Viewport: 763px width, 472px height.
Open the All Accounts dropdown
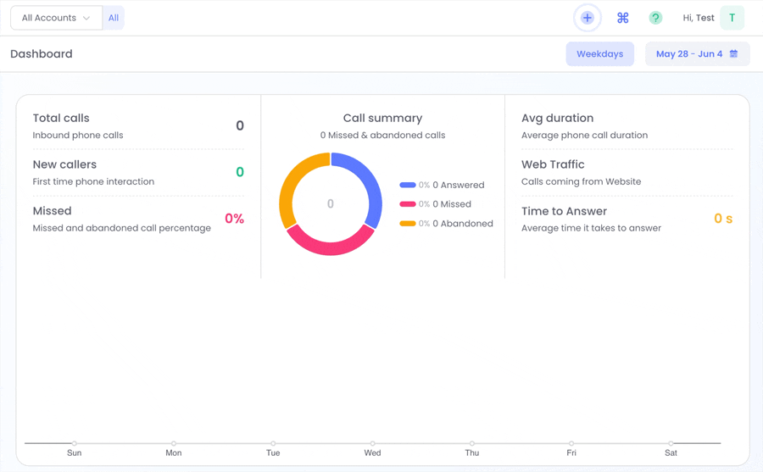pos(57,18)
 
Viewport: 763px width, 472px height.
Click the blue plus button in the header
pos(588,18)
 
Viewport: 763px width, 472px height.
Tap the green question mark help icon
pos(655,18)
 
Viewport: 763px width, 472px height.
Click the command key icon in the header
pos(623,18)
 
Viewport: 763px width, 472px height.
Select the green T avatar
pos(732,18)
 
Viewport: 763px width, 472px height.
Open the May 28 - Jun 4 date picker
pos(697,54)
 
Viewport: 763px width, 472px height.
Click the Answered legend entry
pos(442,185)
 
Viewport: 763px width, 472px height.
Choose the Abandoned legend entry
pos(446,224)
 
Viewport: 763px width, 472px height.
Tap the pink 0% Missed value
pos(234,219)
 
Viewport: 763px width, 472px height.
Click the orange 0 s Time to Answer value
pos(723,219)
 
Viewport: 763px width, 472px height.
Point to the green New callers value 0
pos(240,172)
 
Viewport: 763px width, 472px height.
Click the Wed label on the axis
pos(372,453)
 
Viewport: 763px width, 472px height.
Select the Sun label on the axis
pos(74,453)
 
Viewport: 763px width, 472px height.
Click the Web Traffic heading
pos(553,164)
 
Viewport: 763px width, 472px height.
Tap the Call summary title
pos(382,119)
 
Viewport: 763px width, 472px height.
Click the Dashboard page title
pos(42,54)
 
